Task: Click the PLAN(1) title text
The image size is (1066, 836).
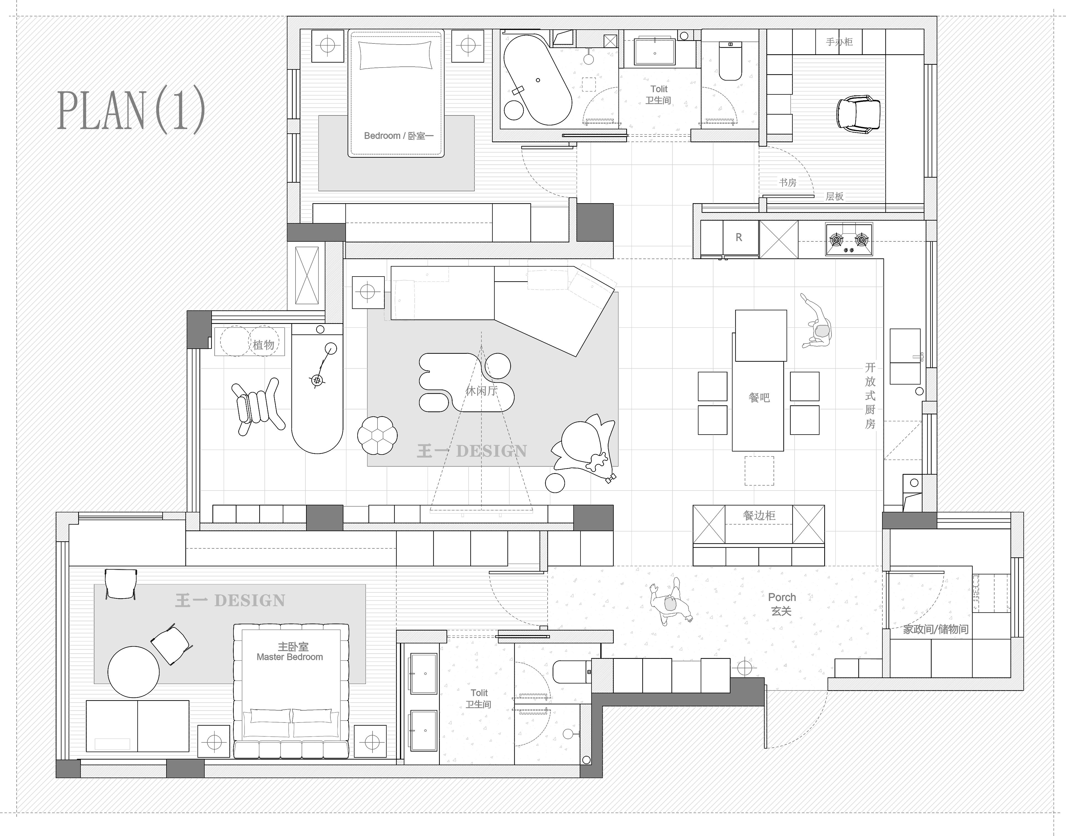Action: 131,110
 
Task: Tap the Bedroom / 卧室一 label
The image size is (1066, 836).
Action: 399,136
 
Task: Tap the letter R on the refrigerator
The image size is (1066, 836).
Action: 739,238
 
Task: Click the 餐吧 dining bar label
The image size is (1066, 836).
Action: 759,398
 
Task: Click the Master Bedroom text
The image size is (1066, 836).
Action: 290,657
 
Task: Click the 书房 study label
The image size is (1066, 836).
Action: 788,183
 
